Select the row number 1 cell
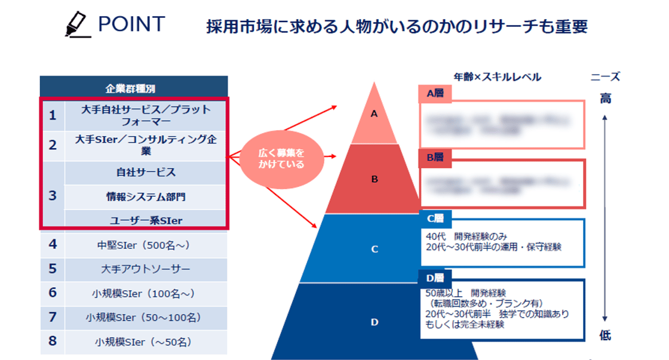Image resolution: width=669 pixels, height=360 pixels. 53,115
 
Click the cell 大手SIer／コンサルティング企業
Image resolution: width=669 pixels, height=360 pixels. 146,145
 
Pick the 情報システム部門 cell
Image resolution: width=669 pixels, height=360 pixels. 146,196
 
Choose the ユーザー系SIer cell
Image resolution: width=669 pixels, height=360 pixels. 146,220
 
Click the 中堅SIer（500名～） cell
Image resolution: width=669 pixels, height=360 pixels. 146,244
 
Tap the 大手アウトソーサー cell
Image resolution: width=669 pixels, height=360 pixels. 146,269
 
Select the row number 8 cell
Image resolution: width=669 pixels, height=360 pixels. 53,342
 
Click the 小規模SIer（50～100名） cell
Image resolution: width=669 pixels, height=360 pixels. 146,317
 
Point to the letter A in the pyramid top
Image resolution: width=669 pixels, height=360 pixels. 375,113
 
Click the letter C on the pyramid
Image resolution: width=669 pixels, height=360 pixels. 375,250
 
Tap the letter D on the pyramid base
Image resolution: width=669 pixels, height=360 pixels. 375,322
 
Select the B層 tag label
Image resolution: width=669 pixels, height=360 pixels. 435,158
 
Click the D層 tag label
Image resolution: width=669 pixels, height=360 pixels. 435,278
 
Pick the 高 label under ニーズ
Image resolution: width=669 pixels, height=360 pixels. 605,99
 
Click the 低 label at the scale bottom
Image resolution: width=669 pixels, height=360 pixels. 605,336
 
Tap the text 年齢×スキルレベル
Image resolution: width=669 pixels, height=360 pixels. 497,77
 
